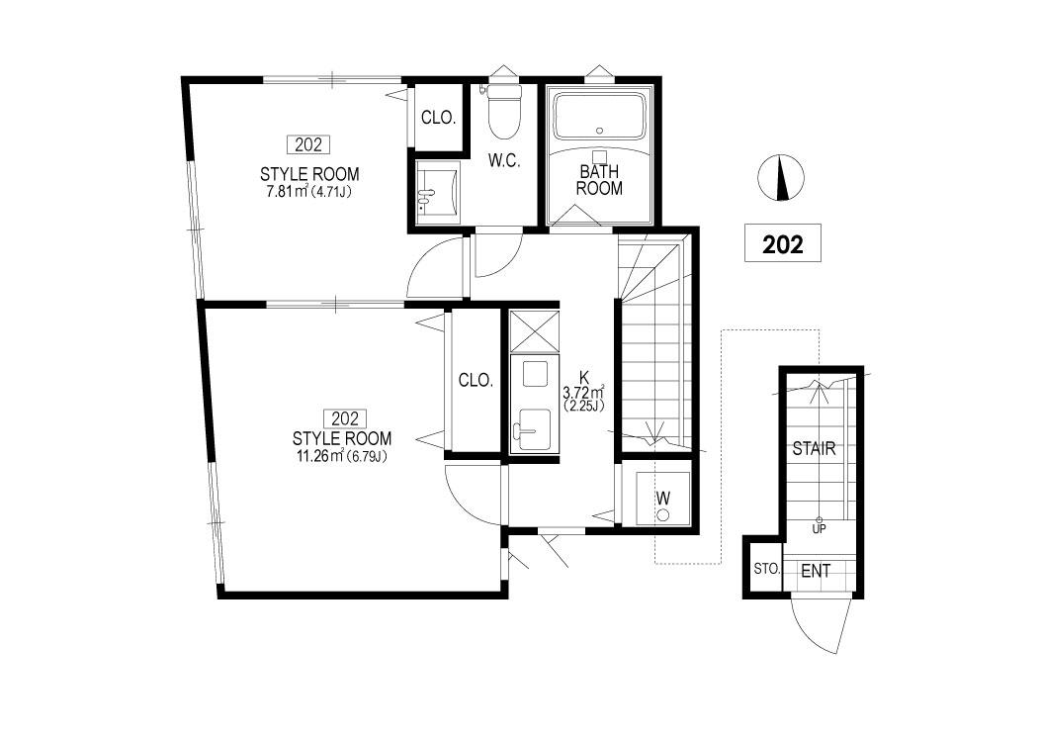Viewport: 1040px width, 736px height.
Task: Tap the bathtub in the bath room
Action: click(x=600, y=117)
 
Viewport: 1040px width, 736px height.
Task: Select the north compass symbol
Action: click(x=781, y=178)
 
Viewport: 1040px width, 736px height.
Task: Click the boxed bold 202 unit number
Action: click(x=783, y=243)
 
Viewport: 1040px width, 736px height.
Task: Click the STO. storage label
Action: click(x=766, y=569)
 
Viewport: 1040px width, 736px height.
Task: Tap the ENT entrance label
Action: click(x=816, y=571)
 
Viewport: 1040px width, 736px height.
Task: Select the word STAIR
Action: click(x=814, y=449)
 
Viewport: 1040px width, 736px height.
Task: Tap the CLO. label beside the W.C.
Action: click(x=438, y=118)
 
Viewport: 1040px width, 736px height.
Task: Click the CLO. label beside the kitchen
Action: click(x=476, y=380)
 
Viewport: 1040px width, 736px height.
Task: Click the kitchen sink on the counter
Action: click(x=534, y=429)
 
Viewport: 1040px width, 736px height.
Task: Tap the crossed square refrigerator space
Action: click(x=534, y=329)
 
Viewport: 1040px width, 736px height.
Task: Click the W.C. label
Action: click(x=504, y=161)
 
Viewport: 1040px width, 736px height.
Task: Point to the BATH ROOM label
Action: click(x=600, y=180)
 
